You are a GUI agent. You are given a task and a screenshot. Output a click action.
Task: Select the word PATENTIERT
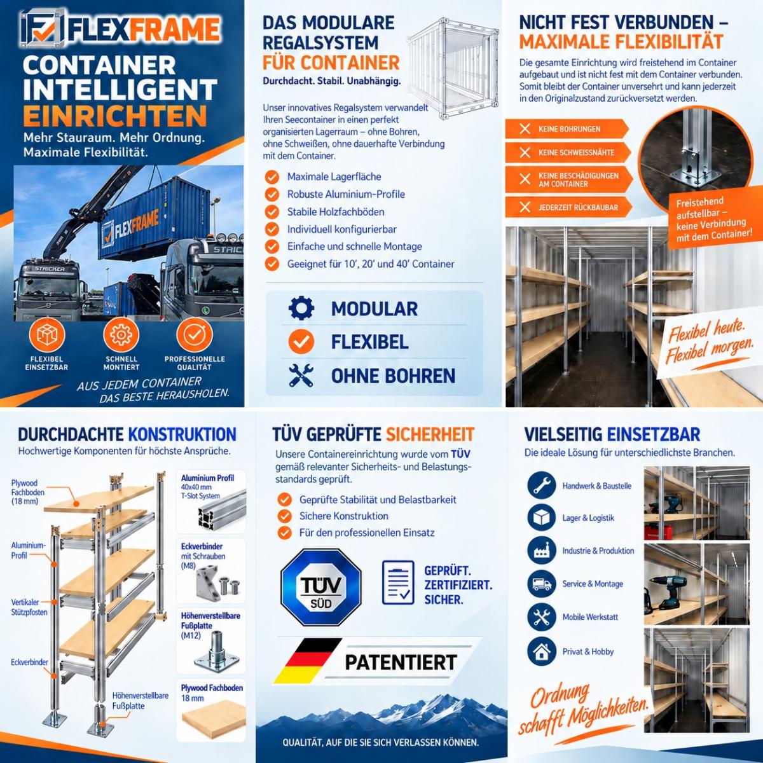(401, 662)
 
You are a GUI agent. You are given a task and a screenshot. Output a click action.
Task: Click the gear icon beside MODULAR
(301, 308)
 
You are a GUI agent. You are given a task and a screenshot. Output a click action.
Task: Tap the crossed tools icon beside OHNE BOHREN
(301, 375)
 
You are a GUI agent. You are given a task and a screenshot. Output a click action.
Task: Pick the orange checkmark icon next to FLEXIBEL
(301, 341)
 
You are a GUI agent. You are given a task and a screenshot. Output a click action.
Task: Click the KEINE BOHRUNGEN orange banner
(567, 129)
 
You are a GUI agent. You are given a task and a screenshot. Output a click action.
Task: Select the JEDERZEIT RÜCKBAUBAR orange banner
(568, 207)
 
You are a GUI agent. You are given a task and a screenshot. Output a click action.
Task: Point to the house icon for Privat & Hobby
(541, 651)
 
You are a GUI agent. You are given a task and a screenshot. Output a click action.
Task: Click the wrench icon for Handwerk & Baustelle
(541, 485)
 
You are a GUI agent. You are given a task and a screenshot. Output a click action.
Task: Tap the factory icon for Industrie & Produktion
(541, 551)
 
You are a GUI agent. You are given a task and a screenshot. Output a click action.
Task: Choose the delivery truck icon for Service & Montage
(541, 584)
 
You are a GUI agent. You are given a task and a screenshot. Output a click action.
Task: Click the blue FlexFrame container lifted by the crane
(155, 220)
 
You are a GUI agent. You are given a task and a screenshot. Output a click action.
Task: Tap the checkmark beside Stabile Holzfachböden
(272, 212)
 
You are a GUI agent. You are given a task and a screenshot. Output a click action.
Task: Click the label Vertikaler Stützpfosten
(29, 607)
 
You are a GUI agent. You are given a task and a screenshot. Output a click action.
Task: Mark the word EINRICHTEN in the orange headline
(115, 116)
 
